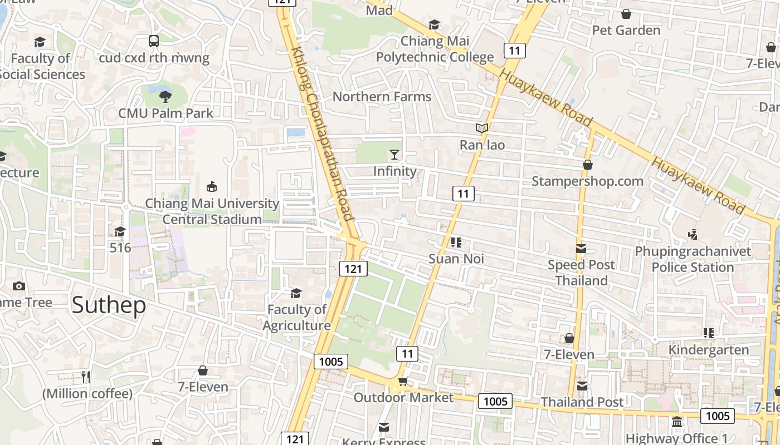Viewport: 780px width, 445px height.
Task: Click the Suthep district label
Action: [x=109, y=305]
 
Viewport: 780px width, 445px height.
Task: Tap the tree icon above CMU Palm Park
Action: [x=165, y=96]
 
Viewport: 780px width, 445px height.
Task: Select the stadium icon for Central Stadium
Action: [x=212, y=186]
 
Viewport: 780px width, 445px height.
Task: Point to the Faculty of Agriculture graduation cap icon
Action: [x=296, y=293]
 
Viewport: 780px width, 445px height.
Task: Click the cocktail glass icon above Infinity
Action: [x=394, y=154]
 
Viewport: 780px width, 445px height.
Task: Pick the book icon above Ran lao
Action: [x=482, y=128]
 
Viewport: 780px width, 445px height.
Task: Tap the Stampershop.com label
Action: [x=587, y=181]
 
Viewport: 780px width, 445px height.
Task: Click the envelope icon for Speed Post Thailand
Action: [x=581, y=249]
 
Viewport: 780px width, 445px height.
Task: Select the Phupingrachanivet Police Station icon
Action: [x=693, y=235]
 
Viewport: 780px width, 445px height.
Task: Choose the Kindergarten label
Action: [x=708, y=350]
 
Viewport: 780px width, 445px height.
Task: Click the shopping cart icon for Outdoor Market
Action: [x=403, y=381]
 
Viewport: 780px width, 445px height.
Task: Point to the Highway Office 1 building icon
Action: [x=677, y=422]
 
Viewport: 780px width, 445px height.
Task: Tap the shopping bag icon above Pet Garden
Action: [x=626, y=13]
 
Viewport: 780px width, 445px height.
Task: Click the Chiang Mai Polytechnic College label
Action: [x=435, y=49]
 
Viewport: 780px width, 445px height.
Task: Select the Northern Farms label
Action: [x=382, y=96]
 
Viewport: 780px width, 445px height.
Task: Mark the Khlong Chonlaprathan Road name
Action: [x=322, y=133]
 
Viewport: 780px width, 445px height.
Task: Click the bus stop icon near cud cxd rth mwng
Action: [x=153, y=41]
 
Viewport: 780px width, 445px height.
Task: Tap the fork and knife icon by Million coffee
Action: [x=86, y=377]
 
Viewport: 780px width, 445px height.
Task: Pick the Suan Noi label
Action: [x=456, y=259]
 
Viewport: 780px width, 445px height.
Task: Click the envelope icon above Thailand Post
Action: [x=582, y=385]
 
